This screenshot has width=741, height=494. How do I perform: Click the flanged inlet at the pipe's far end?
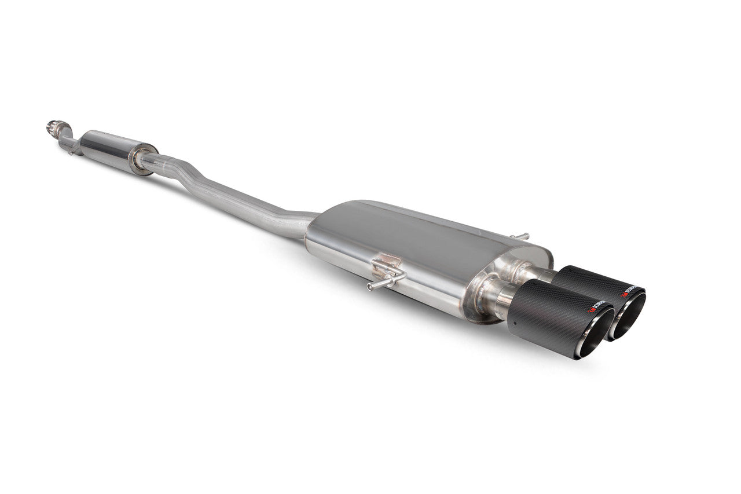point(54,126)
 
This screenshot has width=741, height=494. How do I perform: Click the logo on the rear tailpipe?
point(633,288)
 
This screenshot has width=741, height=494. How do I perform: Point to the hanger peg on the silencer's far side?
point(520,236)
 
